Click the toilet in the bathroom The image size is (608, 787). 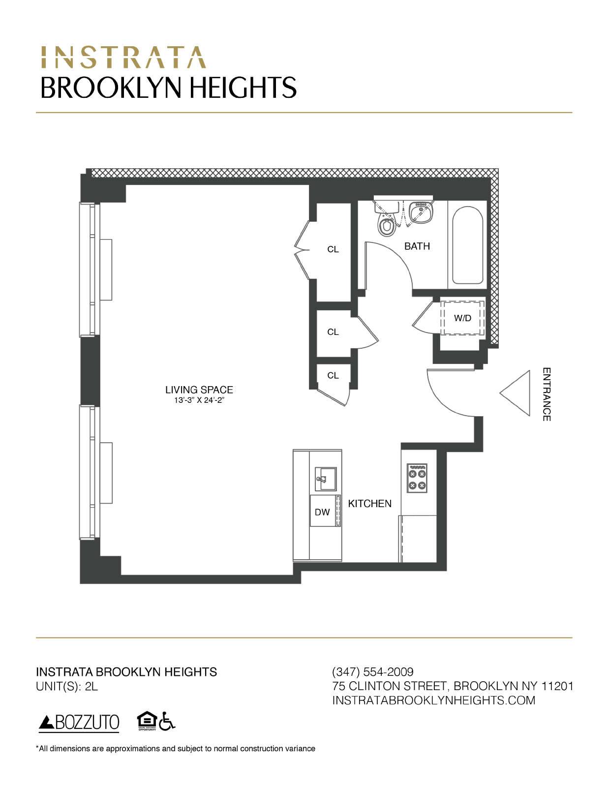[x=386, y=223]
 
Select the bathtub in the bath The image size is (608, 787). [x=467, y=245]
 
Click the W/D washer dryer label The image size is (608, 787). [x=462, y=318]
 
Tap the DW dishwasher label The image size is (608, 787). [x=322, y=513]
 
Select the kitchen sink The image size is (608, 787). [x=326, y=479]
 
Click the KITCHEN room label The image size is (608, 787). [x=370, y=504]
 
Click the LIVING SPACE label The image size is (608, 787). [x=199, y=390]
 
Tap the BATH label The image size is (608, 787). [x=417, y=246]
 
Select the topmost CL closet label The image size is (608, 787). [x=333, y=249]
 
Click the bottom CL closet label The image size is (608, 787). [x=333, y=375]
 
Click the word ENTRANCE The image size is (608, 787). [x=547, y=394]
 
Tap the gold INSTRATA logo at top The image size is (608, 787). [x=123, y=58]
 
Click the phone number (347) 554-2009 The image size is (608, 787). [x=373, y=672]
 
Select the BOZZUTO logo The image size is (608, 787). [x=79, y=722]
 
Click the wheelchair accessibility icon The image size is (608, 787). [x=168, y=721]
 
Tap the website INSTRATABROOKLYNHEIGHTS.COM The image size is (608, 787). [x=434, y=700]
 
